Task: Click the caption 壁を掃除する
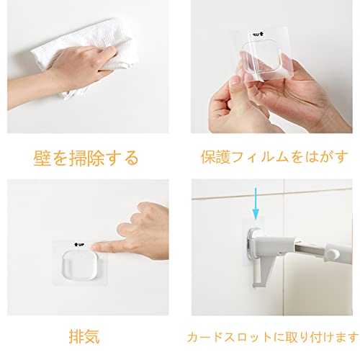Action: [x=86, y=158]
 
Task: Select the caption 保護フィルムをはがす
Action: [x=274, y=157]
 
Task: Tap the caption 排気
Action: [x=84, y=336]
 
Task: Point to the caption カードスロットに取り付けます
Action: [x=273, y=337]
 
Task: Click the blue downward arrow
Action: [x=256, y=204]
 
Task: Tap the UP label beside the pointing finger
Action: [x=79, y=245]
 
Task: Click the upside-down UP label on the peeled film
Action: [x=258, y=35]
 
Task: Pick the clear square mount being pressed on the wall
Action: [x=79, y=265]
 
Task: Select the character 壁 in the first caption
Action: [x=42, y=158]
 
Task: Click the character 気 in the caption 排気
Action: [x=92, y=336]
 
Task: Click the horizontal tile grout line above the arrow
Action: [x=272, y=194]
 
